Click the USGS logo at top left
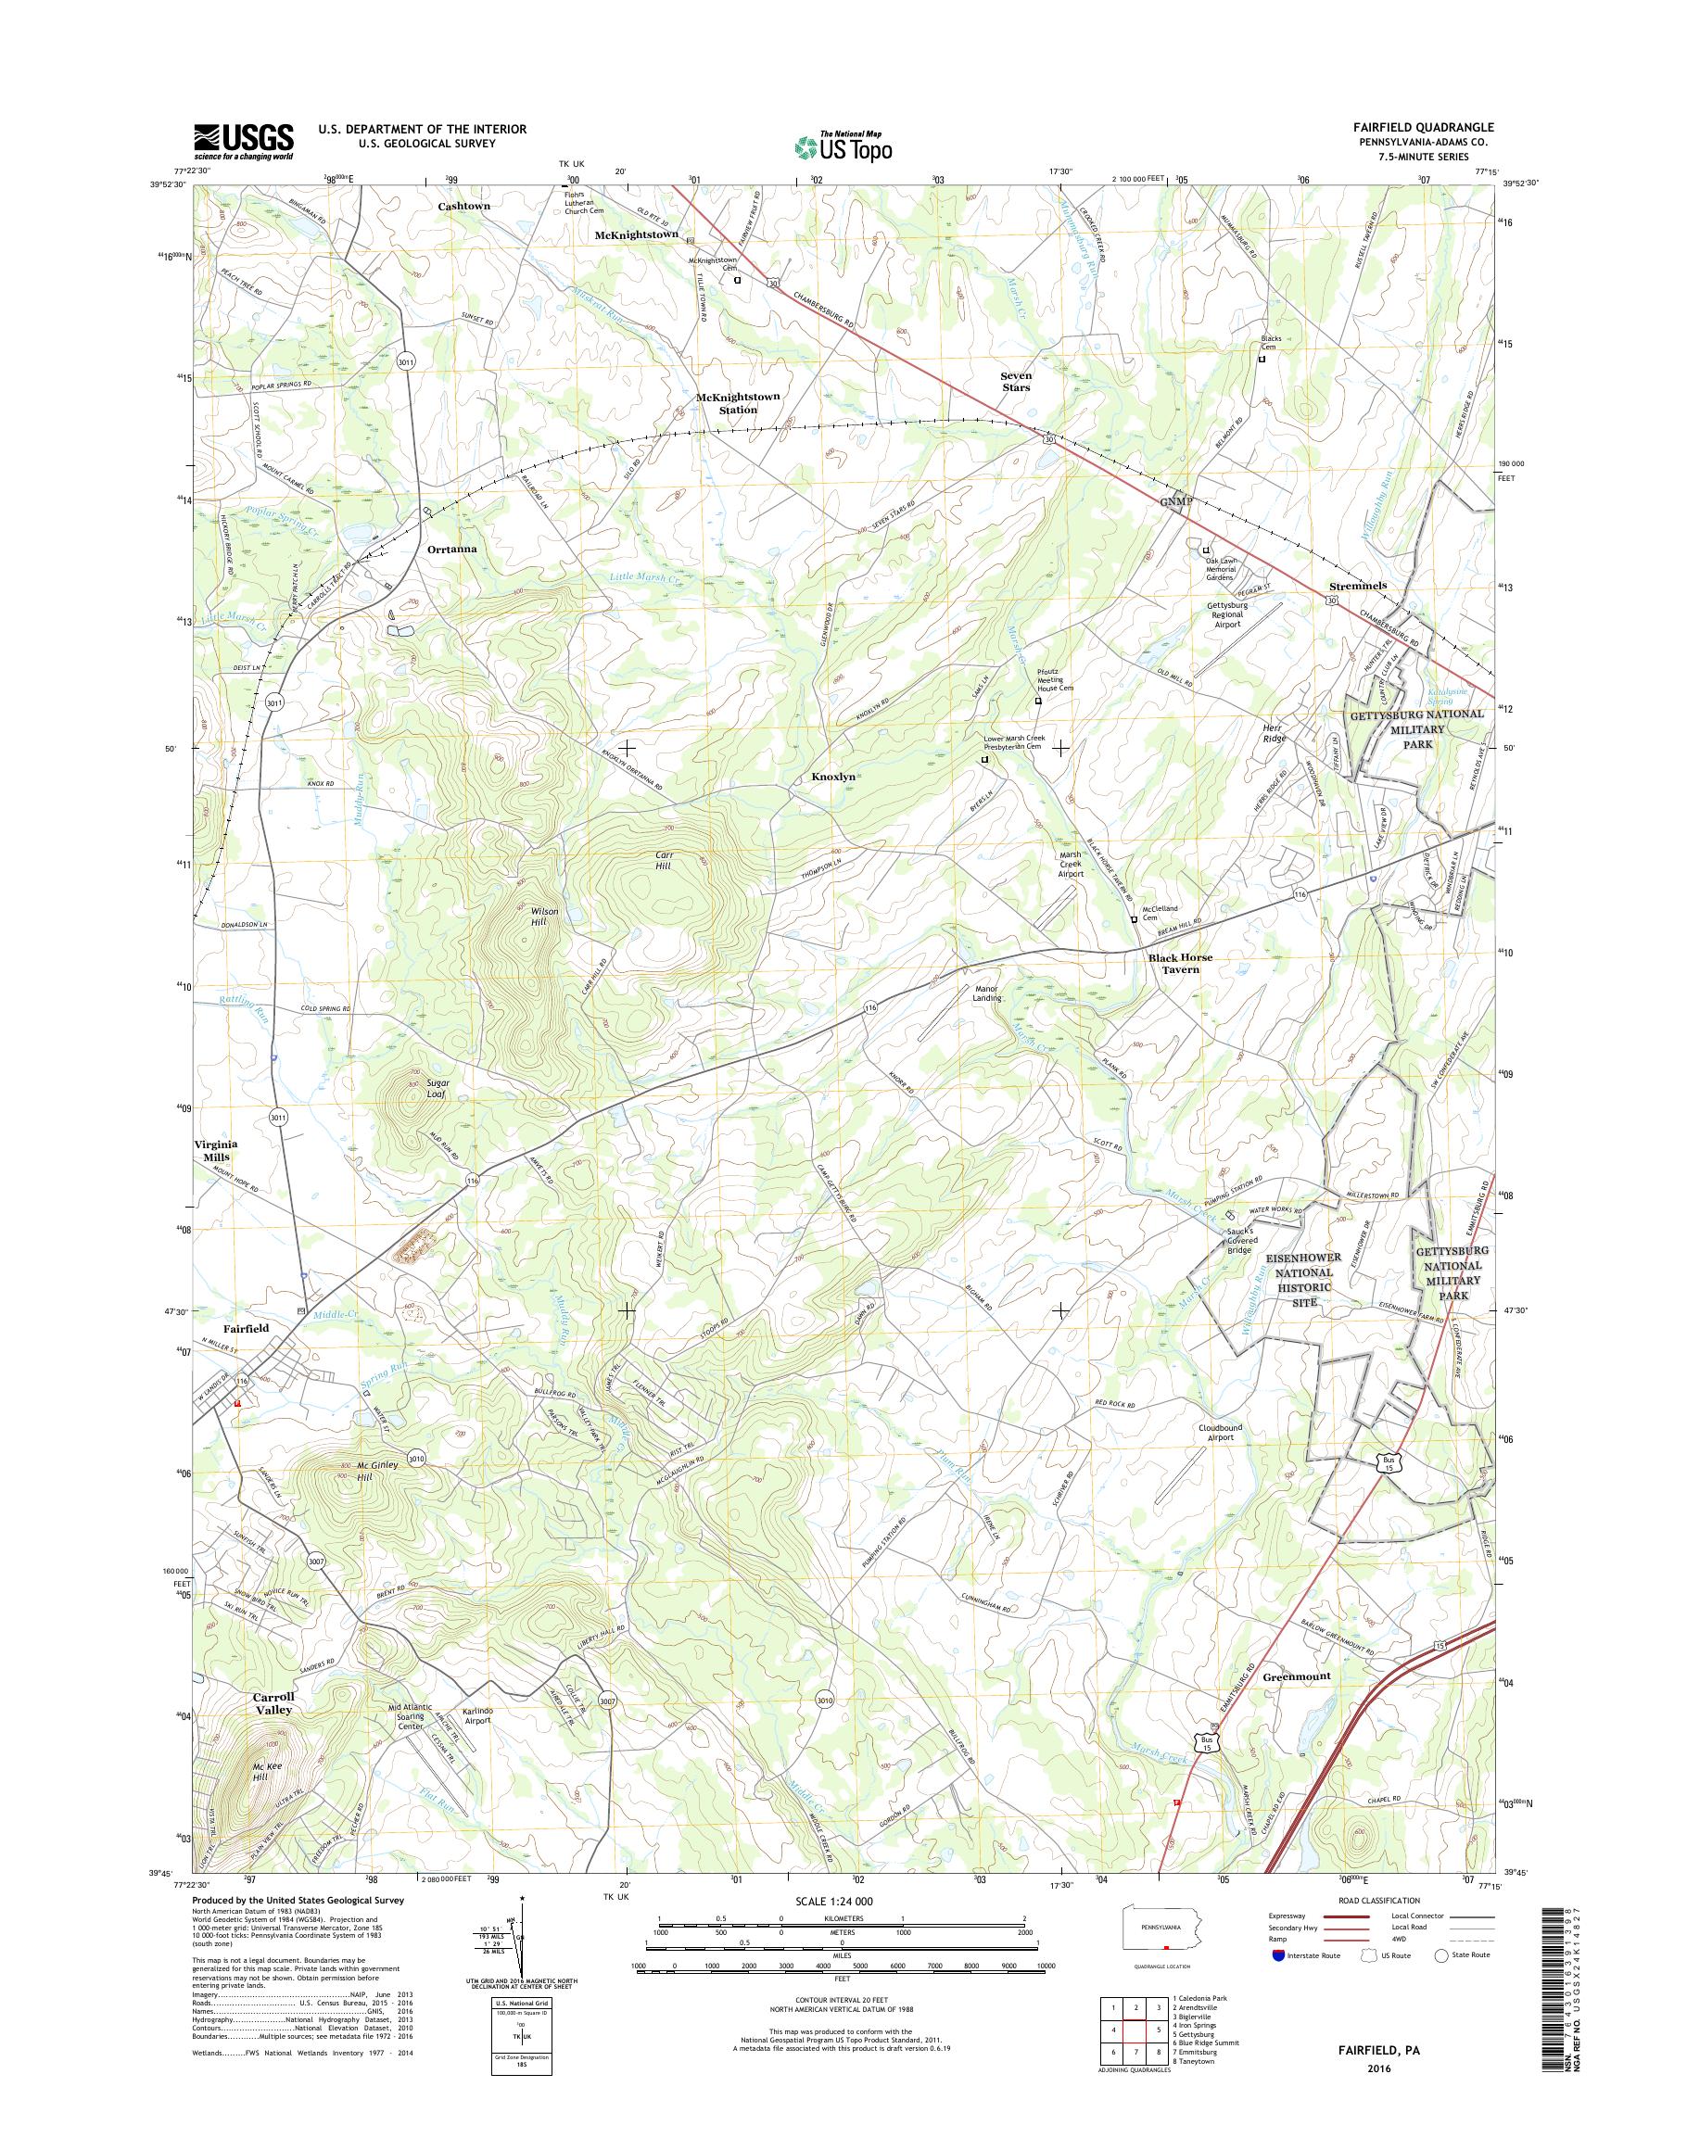(243, 141)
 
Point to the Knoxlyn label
(832, 778)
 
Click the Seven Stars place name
(1015, 381)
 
